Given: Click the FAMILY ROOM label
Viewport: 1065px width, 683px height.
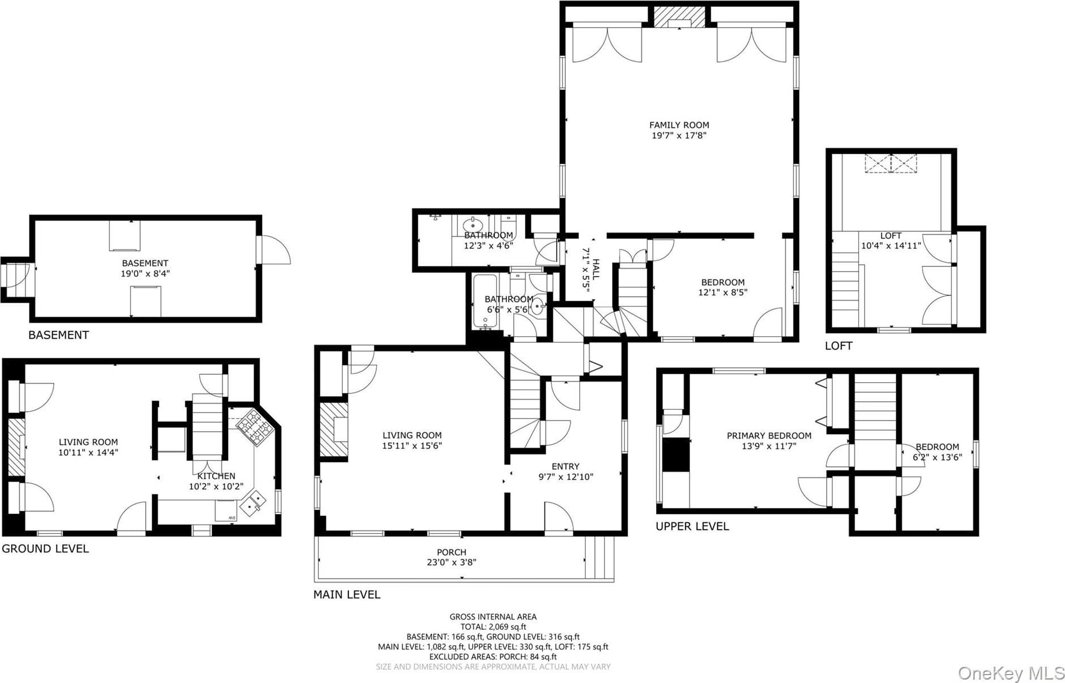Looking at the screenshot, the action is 679,125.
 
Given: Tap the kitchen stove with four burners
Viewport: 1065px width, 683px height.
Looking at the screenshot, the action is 255,428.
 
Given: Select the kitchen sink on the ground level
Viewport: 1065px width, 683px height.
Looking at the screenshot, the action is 253,504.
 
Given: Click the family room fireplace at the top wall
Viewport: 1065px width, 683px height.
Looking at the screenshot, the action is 679,17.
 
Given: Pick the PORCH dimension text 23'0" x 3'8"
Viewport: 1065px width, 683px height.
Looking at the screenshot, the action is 451,562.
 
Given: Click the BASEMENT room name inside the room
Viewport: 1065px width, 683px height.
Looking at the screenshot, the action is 145,263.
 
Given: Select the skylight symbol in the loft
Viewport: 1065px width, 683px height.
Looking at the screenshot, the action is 891,163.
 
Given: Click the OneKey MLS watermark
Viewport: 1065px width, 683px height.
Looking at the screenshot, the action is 1010,673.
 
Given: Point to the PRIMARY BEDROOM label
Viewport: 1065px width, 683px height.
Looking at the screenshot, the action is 769,436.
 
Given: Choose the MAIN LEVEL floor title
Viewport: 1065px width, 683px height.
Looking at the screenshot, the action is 347,594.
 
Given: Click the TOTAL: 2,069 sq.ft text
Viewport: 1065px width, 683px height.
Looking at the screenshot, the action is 494,627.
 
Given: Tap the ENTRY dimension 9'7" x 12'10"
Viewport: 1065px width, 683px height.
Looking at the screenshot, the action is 565,477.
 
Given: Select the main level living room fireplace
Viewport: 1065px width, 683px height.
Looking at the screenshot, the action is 334,429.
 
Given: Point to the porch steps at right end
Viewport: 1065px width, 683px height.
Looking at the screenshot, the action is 600,557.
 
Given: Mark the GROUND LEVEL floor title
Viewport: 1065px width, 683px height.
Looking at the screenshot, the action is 45,549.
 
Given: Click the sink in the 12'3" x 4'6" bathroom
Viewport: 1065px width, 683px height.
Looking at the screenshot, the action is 473,226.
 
